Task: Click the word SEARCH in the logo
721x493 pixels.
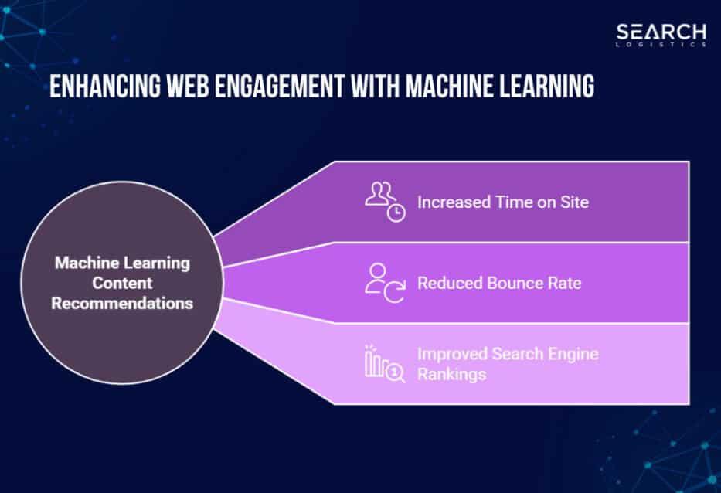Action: click(661, 33)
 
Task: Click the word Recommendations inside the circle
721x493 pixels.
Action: click(122, 303)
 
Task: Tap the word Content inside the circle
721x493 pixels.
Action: click(122, 283)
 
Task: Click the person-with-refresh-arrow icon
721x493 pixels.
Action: click(385, 283)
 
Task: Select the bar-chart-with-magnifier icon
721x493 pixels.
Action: click(385, 363)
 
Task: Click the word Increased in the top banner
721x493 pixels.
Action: click(454, 202)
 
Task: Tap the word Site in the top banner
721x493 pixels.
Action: click(575, 202)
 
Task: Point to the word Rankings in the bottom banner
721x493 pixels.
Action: click(451, 374)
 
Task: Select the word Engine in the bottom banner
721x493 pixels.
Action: click(574, 355)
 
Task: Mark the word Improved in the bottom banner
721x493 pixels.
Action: click(451, 355)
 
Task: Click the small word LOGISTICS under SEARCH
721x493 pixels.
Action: click(661, 45)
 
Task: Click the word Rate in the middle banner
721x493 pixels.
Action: click(565, 283)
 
